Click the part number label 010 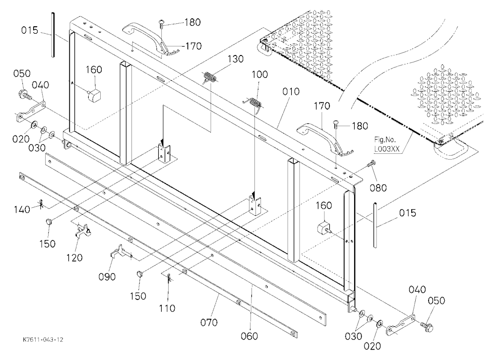point(291,92)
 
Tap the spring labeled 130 point(209,77)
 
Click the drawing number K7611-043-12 point(43,340)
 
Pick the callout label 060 point(249,336)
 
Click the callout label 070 point(209,322)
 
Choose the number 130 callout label point(235,59)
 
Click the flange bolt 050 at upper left point(24,93)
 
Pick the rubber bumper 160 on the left point(94,94)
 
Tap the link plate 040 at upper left point(30,112)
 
